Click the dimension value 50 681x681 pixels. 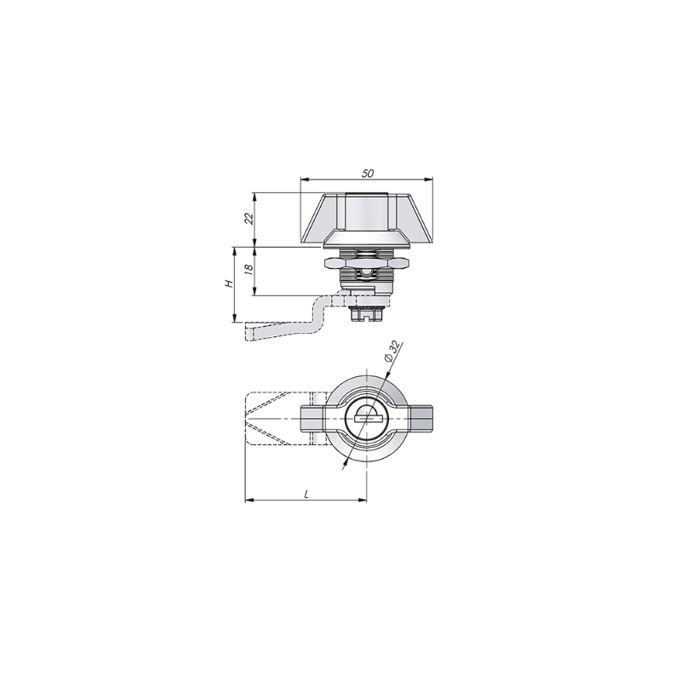(368, 174)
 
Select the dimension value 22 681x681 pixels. (249, 219)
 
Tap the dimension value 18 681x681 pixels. (249, 268)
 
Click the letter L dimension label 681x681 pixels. (306, 495)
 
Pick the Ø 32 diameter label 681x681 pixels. (392, 352)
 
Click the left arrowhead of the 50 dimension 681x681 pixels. (305, 179)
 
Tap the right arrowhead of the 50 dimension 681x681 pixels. (429, 179)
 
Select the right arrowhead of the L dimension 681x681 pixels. (363, 501)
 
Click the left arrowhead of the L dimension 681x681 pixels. (249, 501)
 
